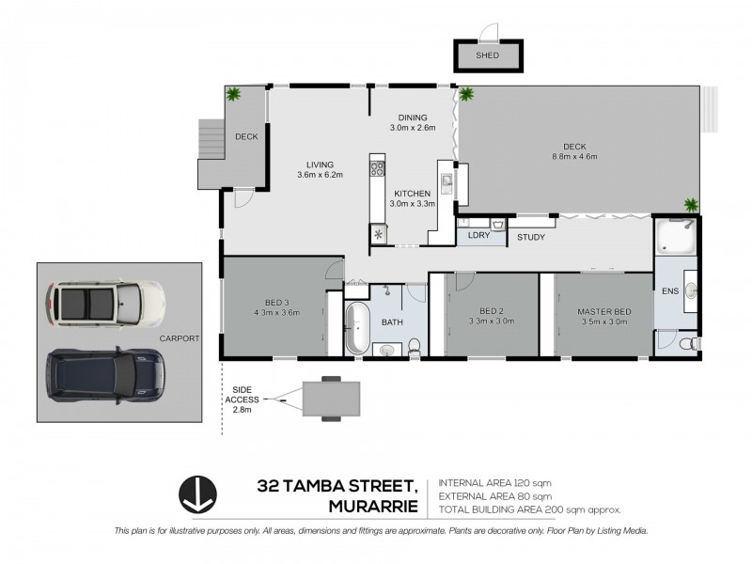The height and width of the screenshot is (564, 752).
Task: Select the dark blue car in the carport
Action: click(x=103, y=373)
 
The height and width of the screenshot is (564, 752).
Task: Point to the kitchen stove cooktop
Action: click(x=378, y=169)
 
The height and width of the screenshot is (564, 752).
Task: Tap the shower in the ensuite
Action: click(x=675, y=237)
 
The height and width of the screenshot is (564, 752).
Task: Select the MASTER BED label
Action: click(x=603, y=312)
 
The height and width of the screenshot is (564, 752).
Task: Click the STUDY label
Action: click(x=531, y=237)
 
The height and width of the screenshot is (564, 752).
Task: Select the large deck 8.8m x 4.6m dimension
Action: click(x=574, y=157)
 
